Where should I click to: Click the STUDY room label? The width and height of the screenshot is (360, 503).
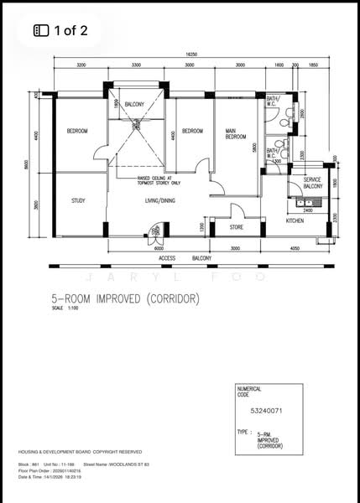(78, 200)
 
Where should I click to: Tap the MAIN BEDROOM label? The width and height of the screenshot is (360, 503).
(236, 133)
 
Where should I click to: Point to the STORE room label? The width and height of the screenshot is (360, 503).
(237, 226)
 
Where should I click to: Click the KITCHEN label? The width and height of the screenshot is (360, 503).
(295, 220)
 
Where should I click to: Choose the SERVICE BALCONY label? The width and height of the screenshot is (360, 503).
(312, 183)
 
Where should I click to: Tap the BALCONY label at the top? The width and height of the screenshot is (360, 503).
(134, 104)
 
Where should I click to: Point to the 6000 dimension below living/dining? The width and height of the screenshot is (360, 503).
(159, 248)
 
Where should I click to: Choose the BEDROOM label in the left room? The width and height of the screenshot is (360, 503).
(78, 131)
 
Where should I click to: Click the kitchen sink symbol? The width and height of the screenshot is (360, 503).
(305, 203)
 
